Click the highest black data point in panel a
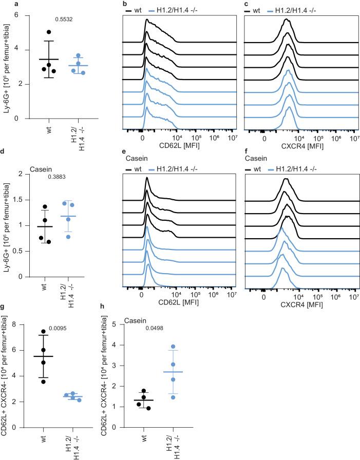49,32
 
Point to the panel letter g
3,306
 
